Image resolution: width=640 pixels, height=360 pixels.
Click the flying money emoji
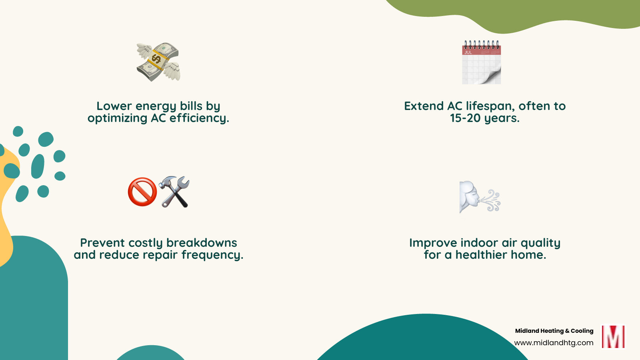point(158,62)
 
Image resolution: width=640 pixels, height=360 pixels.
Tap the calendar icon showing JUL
point(482,62)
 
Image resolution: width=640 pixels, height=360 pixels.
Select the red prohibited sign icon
point(142,192)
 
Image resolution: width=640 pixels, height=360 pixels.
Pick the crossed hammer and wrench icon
point(174,192)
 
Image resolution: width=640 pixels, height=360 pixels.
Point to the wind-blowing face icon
point(480,197)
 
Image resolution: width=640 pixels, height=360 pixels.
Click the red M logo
point(613,337)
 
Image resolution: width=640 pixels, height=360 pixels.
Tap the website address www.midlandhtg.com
point(554,343)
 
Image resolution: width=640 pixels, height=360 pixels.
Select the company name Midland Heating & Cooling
point(554,331)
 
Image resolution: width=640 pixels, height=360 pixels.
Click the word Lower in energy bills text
point(114,106)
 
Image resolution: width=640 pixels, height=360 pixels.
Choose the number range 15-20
point(465,118)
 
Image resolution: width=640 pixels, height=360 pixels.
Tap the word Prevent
point(102,243)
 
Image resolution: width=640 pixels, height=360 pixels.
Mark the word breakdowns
point(202,243)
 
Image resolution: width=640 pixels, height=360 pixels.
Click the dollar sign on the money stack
point(156,60)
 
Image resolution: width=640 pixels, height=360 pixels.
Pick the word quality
point(540,243)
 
